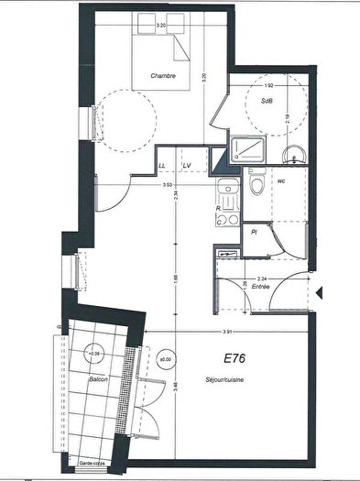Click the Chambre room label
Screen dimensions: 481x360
click(164, 76)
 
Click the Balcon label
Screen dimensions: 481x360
click(99, 379)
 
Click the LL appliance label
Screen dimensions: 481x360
click(162, 165)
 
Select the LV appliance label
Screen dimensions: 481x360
click(186, 165)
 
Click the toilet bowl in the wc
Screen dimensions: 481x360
click(257, 187)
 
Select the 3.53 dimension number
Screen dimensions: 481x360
click(169, 186)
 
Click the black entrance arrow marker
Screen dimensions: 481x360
click(320, 293)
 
